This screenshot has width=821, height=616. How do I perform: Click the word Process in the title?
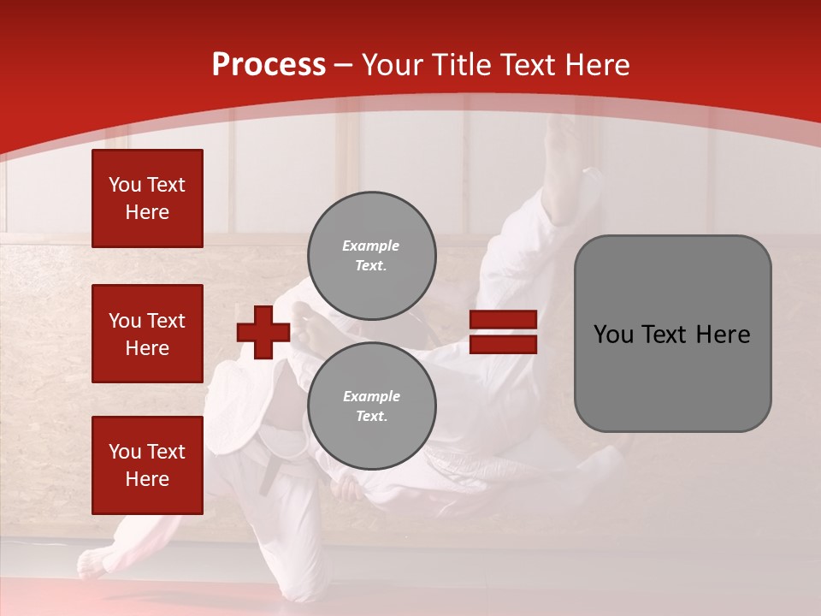[269, 64]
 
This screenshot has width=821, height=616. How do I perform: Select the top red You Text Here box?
[147, 198]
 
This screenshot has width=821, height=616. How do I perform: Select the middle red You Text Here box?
[147, 334]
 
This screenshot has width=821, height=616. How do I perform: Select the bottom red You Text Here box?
[147, 465]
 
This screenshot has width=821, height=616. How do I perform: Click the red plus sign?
[263, 332]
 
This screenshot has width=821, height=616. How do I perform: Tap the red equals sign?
[503, 332]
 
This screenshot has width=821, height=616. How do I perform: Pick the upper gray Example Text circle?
[372, 256]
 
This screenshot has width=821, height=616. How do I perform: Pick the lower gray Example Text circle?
[372, 406]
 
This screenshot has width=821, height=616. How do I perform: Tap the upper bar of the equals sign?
[503, 320]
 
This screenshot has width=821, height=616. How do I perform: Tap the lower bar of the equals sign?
[503, 344]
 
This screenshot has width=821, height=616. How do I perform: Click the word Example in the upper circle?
[370, 246]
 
